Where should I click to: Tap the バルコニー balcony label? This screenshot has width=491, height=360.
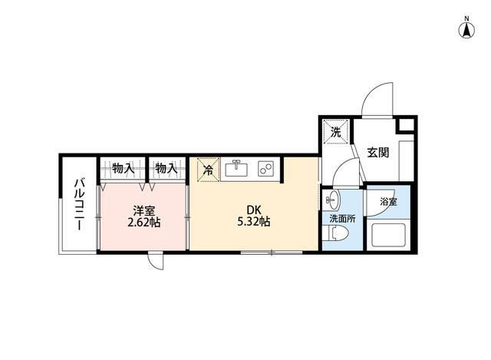coord(80,205)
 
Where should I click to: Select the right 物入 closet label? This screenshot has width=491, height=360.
coord(165,167)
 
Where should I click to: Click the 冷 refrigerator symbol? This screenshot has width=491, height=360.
coord(208,169)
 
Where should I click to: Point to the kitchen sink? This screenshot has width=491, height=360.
coord(237,168)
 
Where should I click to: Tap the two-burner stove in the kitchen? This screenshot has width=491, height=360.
coord(265,168)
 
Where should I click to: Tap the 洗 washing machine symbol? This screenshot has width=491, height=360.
coord(335,131)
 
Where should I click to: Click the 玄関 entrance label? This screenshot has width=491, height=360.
coord(377,152)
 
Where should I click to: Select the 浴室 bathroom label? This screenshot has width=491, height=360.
coord(389,202)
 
